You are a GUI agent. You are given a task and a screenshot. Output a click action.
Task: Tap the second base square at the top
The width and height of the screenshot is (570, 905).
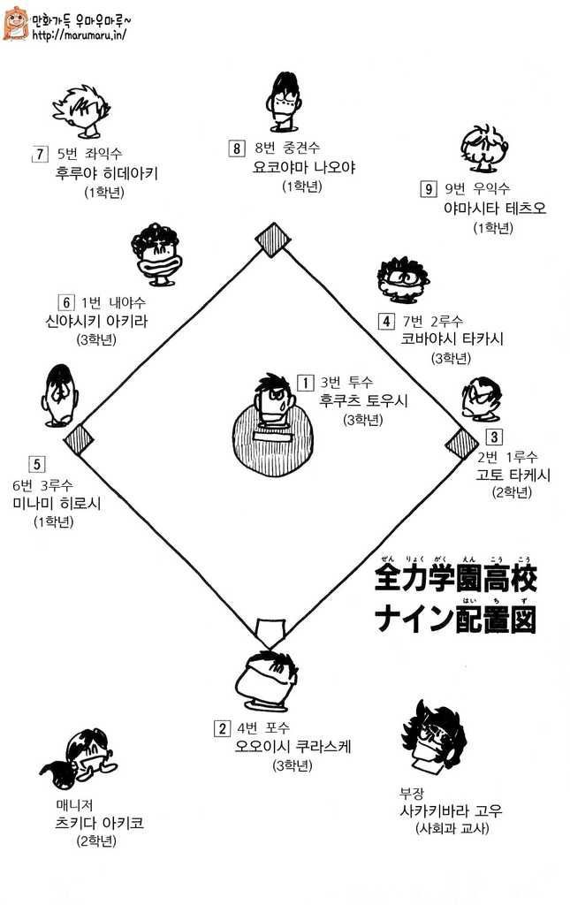[x=272, y=240]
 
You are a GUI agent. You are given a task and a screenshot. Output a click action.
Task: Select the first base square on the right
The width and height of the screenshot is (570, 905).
[x=462, y=444]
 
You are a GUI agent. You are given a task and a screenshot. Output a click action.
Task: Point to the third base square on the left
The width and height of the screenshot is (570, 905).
[x=79, y=440]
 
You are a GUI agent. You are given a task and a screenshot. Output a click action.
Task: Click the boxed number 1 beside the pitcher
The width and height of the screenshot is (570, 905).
[x=305, y=383]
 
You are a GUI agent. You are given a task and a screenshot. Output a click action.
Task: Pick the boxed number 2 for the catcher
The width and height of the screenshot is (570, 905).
[x=222, y=728]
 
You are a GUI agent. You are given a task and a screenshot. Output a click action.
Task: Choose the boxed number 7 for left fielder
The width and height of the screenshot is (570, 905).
[x=39, y=154]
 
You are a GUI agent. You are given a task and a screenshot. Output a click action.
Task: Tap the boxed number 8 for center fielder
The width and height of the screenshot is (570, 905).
[x=237, y=148]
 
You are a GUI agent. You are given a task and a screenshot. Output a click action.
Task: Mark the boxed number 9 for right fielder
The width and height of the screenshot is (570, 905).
[x=428, y=189]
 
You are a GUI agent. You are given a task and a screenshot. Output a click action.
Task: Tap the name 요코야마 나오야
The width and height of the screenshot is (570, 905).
[x=304, y=167]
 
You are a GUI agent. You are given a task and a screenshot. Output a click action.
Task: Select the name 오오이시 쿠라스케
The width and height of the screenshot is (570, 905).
[x=293, y=746]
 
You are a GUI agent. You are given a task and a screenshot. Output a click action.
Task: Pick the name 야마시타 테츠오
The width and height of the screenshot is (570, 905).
[x=495, y=208]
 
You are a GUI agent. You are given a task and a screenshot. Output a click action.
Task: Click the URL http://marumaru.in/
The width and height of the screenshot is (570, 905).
[x=79, y=35]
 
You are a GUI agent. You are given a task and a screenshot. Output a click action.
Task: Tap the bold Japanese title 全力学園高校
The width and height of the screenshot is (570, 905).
[x=456, y=580]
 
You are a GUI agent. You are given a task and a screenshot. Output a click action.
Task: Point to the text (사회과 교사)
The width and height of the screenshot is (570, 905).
[x=452, y=829]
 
